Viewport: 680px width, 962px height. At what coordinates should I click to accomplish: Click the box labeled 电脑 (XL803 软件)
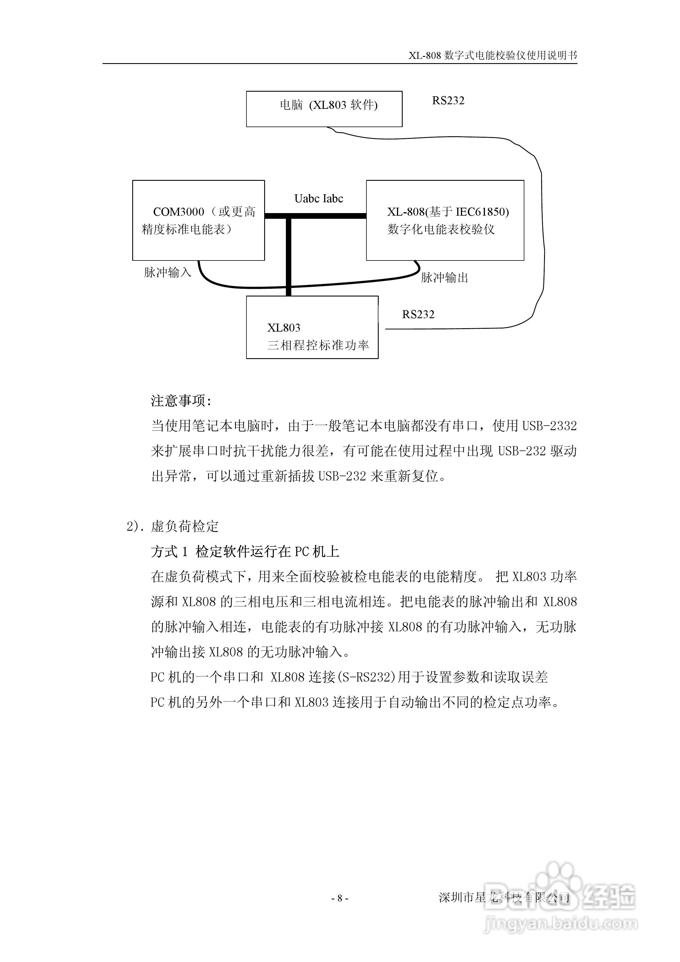(324, 109)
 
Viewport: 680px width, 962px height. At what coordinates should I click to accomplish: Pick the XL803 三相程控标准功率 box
(312, 327)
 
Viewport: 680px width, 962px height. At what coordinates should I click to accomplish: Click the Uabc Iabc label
(318, 199)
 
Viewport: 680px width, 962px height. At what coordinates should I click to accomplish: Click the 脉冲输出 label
(444, 277)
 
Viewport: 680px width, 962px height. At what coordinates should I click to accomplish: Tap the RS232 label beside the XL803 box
(418, 314)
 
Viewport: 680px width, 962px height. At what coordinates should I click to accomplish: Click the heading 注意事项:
(181, 401)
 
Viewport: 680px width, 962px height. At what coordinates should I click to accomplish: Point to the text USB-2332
(549, 426)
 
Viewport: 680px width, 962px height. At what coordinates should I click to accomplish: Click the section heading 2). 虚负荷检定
(172, 526)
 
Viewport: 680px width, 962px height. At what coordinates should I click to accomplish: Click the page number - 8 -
(340, 898)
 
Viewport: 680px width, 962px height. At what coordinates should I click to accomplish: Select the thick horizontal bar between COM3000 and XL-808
(315, 216)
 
